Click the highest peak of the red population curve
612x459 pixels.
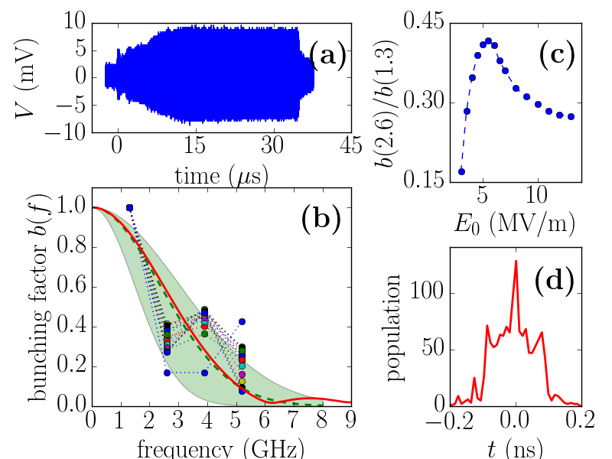pyautogui.click(x=516, y=261)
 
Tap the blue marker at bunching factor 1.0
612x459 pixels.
pyautogui.click(x=129, y=207)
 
